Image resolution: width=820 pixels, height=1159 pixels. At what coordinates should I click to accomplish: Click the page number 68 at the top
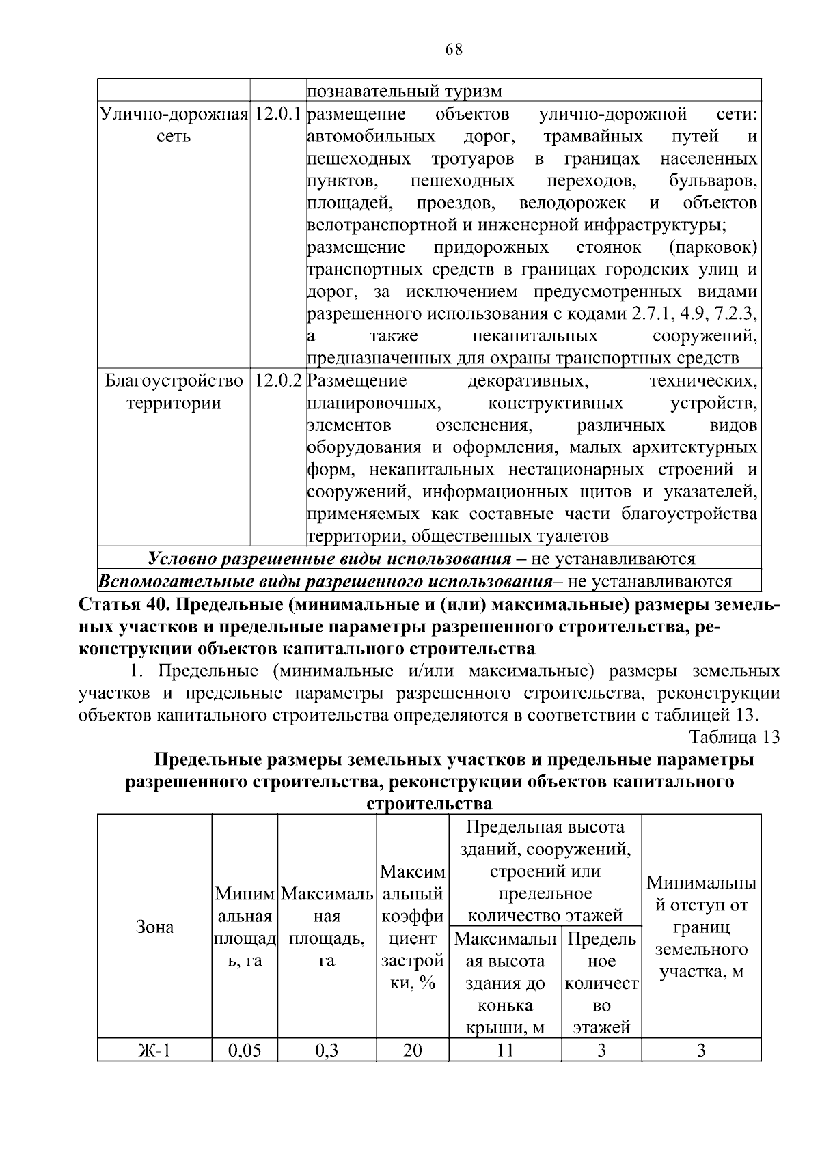click(453, 49)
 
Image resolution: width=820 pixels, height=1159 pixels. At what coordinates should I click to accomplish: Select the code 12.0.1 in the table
click(277, 113)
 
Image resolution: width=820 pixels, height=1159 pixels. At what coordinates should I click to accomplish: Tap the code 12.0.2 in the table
click(277, 380)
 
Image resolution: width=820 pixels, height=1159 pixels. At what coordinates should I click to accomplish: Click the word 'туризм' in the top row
click(471, 91)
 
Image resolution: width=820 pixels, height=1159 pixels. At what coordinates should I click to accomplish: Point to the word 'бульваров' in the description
click(713, 181)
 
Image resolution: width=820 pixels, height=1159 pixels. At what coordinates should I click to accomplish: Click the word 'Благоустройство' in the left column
click(174, 380)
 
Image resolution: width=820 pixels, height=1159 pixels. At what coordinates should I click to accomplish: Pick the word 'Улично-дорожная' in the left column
click(174, 113)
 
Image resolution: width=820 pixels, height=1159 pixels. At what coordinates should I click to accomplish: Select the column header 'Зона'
click(155, 927)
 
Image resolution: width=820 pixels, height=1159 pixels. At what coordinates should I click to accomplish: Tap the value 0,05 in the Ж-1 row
click(245, 1050)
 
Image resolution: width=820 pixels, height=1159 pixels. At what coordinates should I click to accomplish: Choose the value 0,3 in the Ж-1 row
click(327, 1050)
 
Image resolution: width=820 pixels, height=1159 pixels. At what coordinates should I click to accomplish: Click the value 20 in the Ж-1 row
click(412, 1050)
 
